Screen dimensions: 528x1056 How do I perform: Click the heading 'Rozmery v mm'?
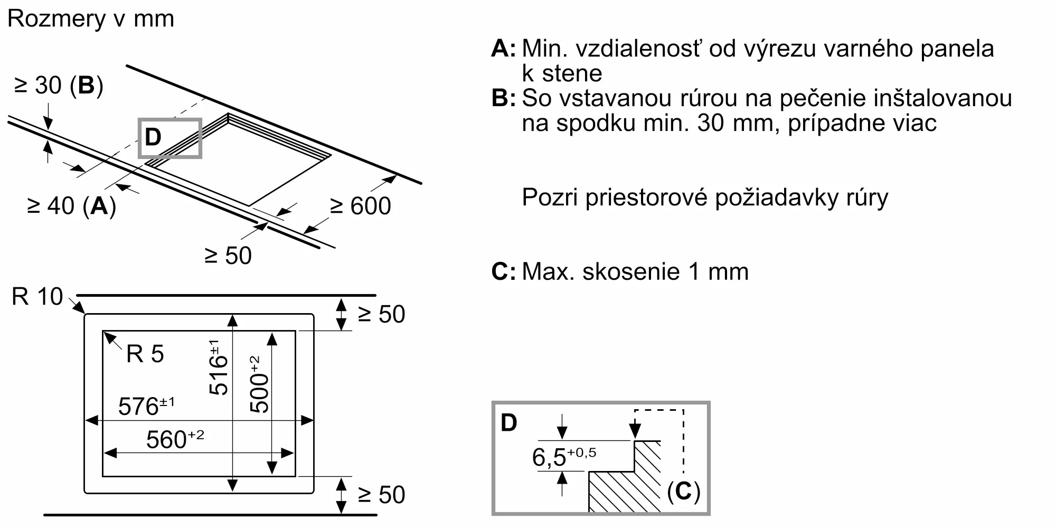[91, 19]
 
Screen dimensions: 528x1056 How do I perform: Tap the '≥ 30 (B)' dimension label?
[59, 85]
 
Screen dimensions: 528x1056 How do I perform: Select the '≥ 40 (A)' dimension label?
[71, 206]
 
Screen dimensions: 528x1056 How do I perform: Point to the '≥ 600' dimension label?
[361, 206]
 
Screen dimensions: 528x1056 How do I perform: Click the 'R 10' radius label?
[37, 297]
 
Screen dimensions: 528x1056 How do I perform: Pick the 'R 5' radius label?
[145, 354]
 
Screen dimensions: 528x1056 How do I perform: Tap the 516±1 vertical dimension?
[218, 367]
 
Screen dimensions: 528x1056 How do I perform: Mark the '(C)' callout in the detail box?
[683, 492]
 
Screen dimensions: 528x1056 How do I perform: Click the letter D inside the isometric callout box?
[153, 137]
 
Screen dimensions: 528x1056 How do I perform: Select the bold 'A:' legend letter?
[503, 49]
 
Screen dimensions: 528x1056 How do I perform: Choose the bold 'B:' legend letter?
[503, 98]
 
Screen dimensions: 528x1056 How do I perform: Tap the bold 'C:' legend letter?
[503, 272]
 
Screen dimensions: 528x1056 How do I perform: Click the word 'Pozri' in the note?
[550, 197]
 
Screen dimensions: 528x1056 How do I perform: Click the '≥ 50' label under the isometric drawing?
[228, 256]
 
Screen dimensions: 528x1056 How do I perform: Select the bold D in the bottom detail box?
[509, 423]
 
